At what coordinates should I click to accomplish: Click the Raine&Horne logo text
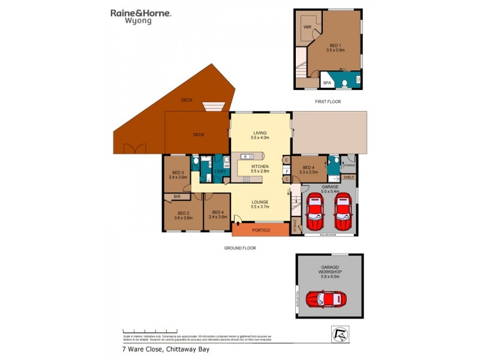[140, 13]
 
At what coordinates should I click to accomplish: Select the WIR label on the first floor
[307, 27]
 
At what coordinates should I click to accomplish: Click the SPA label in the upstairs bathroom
[327, 83]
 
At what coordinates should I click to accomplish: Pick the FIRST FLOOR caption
[328, 101]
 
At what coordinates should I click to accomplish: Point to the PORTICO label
[260, 230]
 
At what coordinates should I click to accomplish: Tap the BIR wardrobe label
[176, 196]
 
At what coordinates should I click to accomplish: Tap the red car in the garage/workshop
[326, 298]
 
